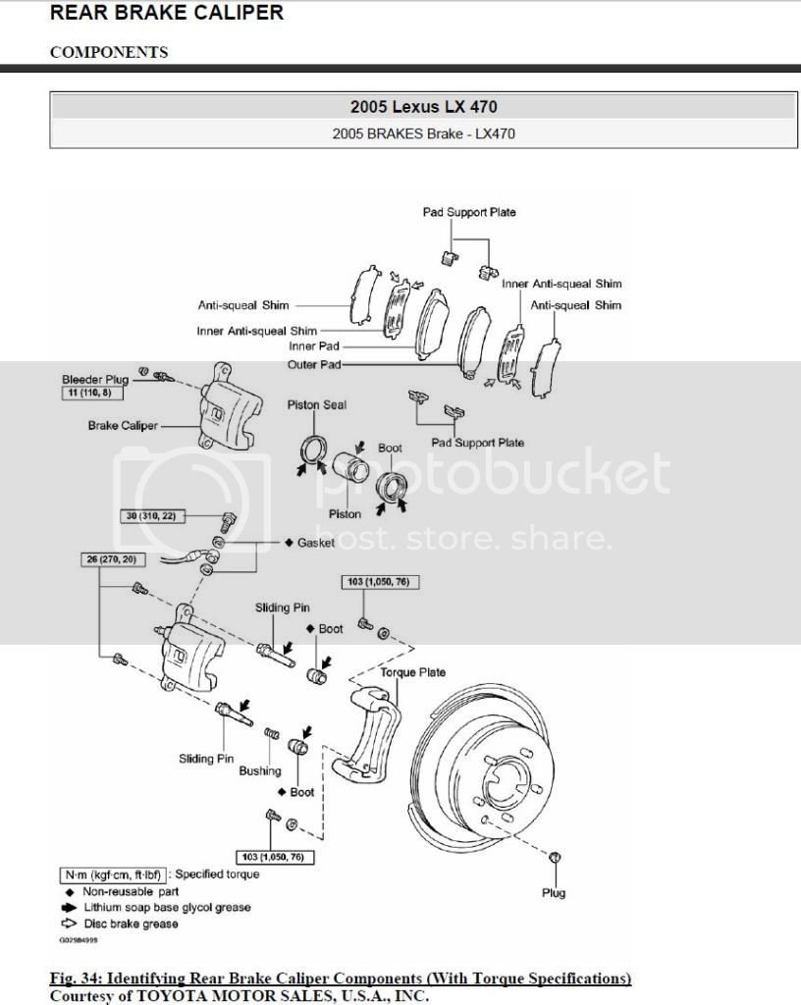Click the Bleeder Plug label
click(94, 379)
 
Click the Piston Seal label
click(316, 404)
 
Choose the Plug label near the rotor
click(554, 893)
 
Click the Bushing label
click(260, 771)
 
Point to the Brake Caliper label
click(123, 426)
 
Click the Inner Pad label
click(315, 346)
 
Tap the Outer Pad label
click(314, 364)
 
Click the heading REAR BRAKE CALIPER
click(167, 13)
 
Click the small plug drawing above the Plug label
click(556, 857)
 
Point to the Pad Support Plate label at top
click(469, 212)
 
